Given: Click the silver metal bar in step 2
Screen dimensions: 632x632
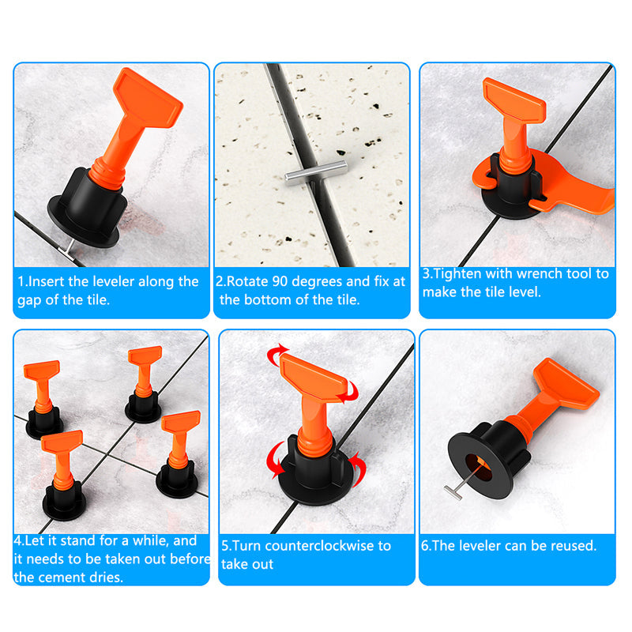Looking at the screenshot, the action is pos(316,173).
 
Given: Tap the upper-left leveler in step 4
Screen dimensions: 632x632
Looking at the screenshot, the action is pos(43,399).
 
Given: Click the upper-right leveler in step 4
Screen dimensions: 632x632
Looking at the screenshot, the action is pos(144,384).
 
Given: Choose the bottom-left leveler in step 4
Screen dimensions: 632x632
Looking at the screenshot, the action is pos(63,475).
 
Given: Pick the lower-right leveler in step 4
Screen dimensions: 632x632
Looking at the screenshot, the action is pos(179,453).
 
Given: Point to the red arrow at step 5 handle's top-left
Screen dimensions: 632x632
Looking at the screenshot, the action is pos(276,354).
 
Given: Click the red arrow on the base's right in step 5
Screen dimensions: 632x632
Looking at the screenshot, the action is pos(359,468).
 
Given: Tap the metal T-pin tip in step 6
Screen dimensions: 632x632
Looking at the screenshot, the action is pos(453,493).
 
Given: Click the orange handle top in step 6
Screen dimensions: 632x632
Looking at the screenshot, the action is pos(566,383).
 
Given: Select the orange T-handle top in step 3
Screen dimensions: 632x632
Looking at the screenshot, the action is pos(514,100).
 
